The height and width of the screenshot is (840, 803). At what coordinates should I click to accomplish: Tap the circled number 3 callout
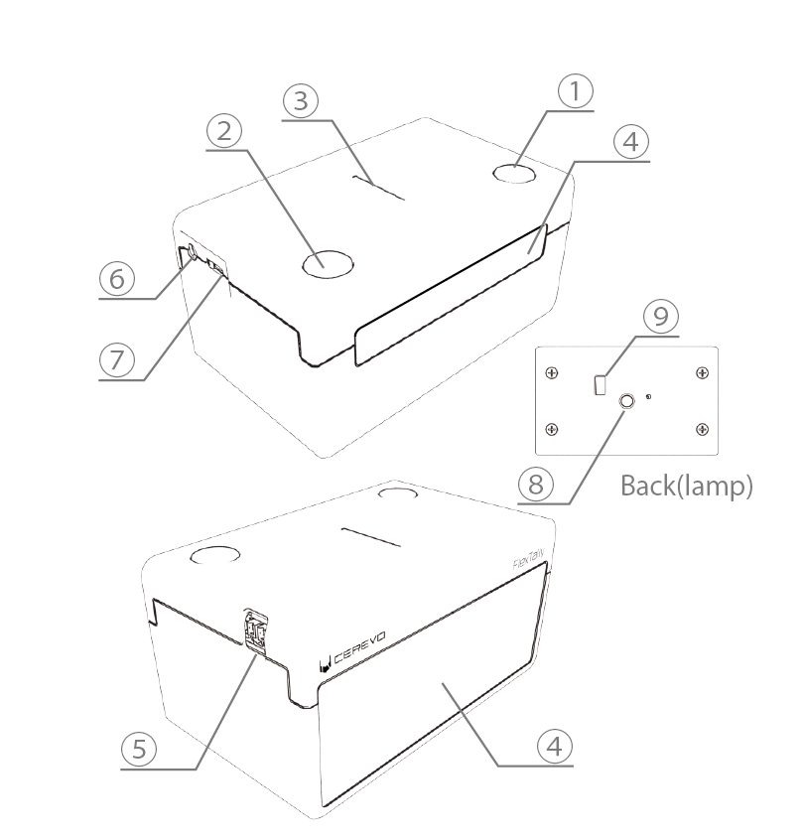pyautogui.click(x=302, y=100)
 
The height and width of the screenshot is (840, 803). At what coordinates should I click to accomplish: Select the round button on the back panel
pyautogui.click(x=627, y=402)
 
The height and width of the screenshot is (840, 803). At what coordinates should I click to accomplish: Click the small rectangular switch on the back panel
pyautogui.click(x=599, y=384)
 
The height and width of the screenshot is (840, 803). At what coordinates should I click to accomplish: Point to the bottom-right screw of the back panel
pyautogui.click(x=702, y=429)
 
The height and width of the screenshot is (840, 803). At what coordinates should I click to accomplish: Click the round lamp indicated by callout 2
pyautogui.click(x=328, y=263)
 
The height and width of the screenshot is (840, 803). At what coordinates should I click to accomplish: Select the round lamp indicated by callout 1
pyautogui.click(x=514, y=174)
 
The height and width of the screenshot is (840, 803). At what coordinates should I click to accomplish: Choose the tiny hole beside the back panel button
pyautogui.click(x=648, y=398)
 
